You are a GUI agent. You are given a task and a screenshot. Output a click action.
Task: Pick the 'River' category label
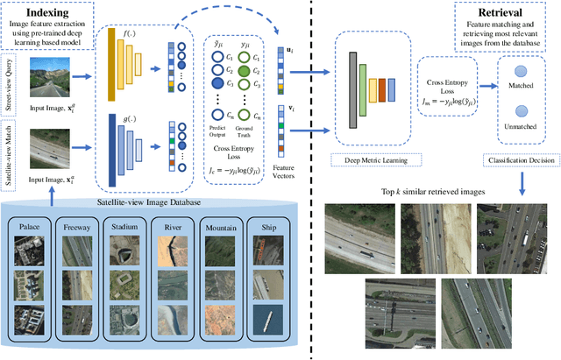[x=173, y=224]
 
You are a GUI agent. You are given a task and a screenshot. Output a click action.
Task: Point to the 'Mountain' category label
[x=219, y=224]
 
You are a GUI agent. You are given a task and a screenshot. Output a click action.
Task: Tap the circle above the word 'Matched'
[x=522, y=74]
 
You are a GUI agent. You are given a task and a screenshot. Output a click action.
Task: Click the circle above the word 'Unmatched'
[x=522, y=111]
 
